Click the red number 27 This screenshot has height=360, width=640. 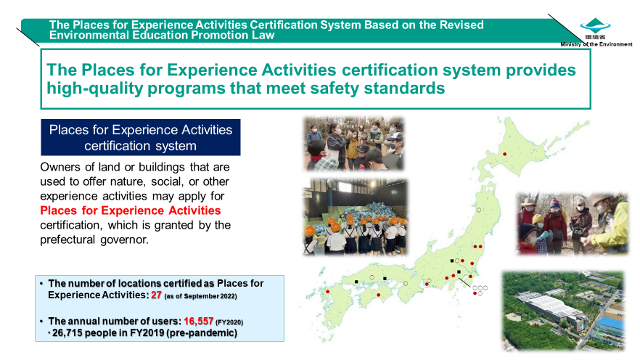[156, 295]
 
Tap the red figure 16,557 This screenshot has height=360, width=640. [198, 322]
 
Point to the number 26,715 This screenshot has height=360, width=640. [67, 333]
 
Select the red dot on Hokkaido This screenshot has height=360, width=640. [504, 155]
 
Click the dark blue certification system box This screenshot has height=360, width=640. [141, 137]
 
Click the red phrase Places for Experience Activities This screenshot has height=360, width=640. [130, 210]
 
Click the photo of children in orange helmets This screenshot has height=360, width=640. [355, 217]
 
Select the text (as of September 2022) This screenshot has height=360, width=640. [200, 296]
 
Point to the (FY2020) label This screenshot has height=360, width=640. [229, 322]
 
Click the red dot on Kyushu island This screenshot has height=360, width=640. [327, 292]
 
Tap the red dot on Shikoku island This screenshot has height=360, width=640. [379, 295]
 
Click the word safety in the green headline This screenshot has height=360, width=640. [334, 88]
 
